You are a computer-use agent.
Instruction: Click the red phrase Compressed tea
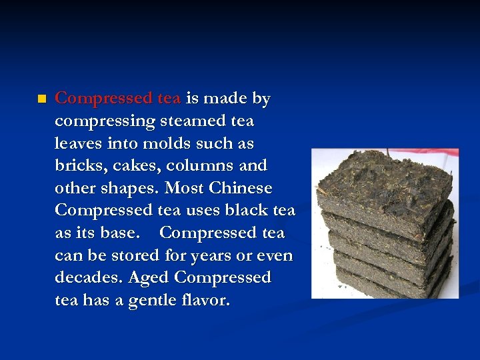click(x=117, y=99)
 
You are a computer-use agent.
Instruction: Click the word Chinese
click(x=237, y=188)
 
